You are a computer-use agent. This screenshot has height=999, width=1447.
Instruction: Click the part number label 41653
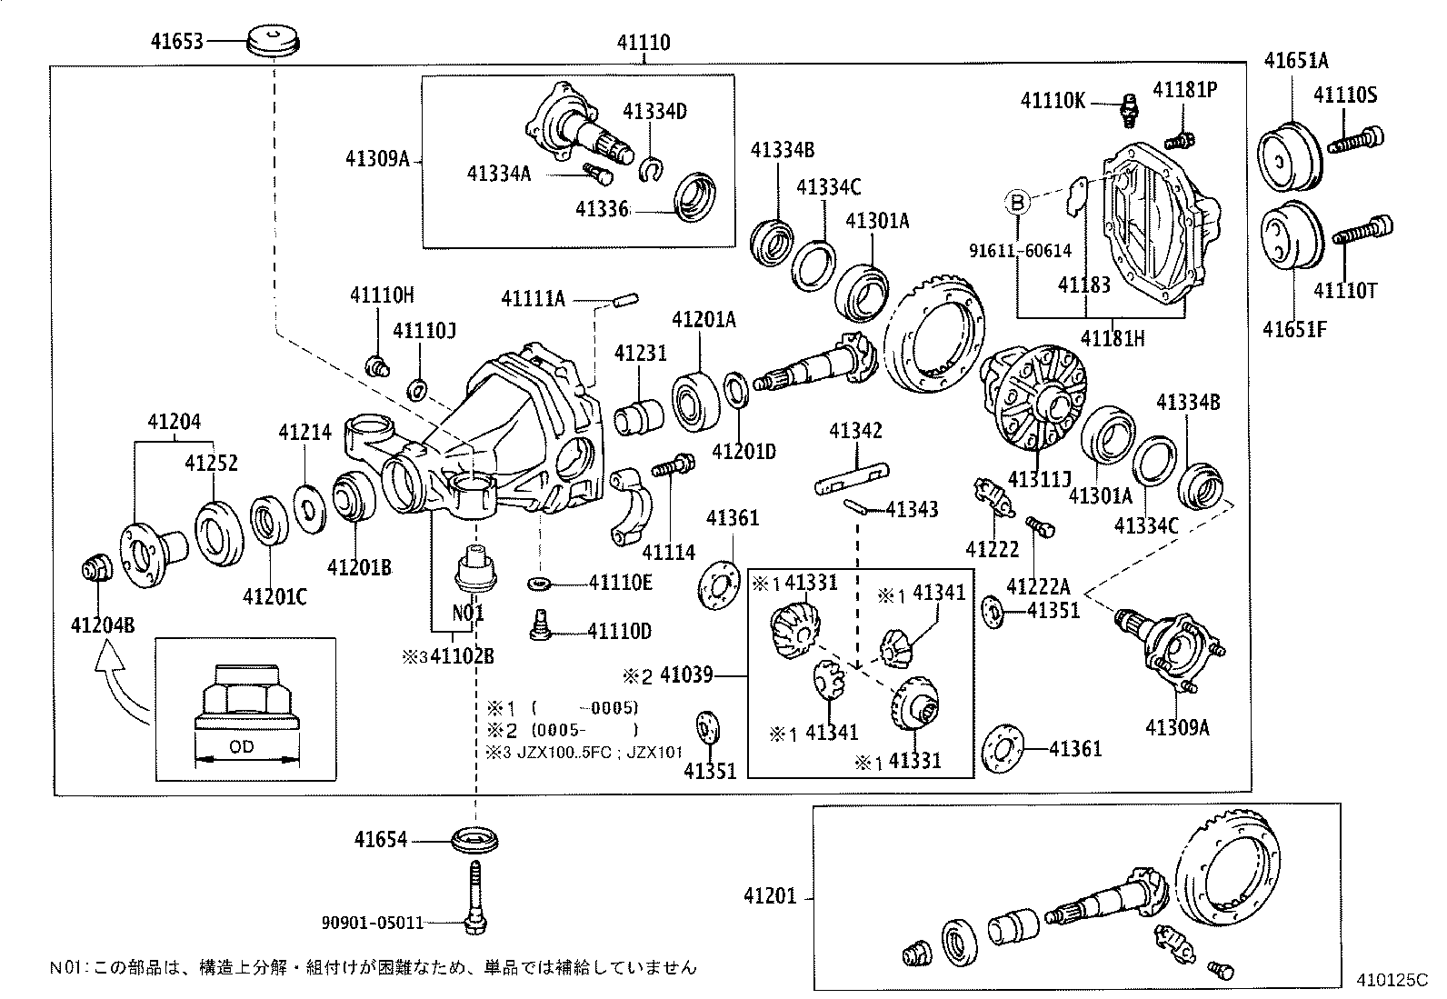(177, 41)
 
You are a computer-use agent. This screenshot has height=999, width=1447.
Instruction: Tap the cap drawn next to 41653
(274, 42)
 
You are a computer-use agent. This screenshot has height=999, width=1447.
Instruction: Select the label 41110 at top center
(644, 43)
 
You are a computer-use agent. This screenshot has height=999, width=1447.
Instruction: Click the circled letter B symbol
(1018, 202)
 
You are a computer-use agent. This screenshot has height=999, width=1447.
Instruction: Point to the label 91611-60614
(1020, 251)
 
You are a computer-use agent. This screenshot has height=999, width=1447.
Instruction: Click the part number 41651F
(1293, 329)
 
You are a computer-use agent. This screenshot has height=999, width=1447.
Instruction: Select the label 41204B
(103, 624)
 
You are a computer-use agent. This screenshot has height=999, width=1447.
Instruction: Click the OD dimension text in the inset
(241, 747)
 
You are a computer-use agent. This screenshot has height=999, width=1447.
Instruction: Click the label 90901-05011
(373, 923)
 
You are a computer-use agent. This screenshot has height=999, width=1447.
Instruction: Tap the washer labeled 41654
(475, 839)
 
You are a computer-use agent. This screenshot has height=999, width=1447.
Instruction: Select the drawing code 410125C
(1392, 982)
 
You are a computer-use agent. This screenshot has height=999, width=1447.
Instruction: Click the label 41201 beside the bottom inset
(769, 896)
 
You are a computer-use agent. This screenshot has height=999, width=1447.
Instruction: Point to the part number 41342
(855, 431)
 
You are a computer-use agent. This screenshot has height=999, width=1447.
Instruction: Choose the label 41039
(685, 675)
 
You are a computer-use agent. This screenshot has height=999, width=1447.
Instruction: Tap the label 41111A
(533, 298)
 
